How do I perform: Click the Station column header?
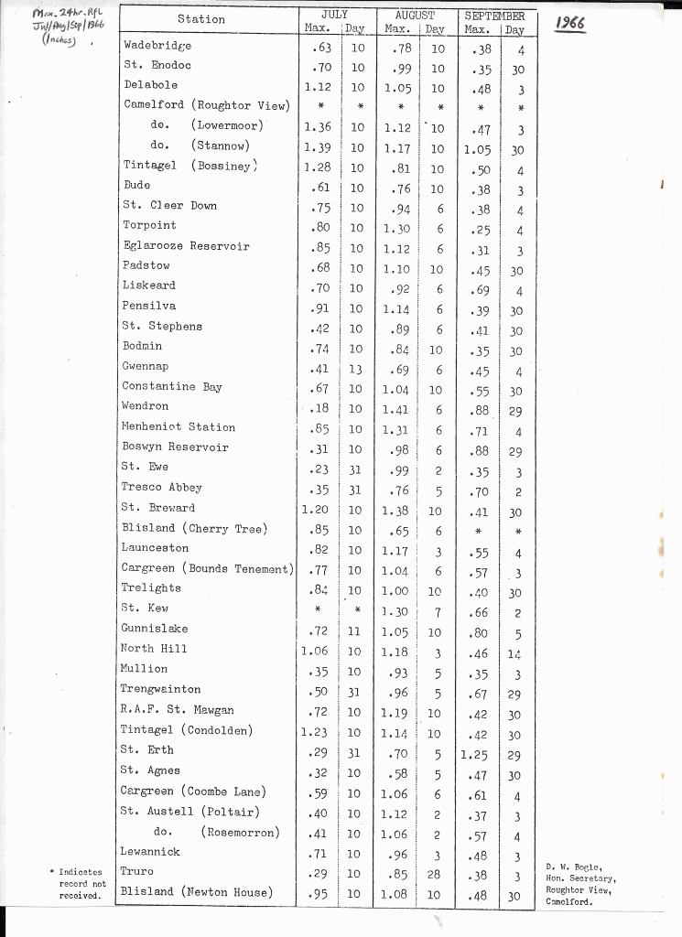click(200, 19)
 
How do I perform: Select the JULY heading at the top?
click(334, 15)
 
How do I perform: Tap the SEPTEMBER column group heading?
click(494, 16)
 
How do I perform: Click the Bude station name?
click(136, 185)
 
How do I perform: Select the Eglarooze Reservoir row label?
click(186, 245)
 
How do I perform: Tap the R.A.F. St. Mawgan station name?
click(177, 709)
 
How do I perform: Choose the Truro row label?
click(137, 871)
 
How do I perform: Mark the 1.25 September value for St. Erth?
click(477, 755)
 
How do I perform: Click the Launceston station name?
click(155, 548)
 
